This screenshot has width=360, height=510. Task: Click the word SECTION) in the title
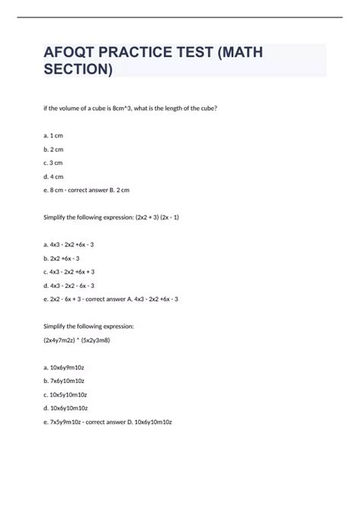78,71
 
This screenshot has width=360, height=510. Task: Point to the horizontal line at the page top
180,17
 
